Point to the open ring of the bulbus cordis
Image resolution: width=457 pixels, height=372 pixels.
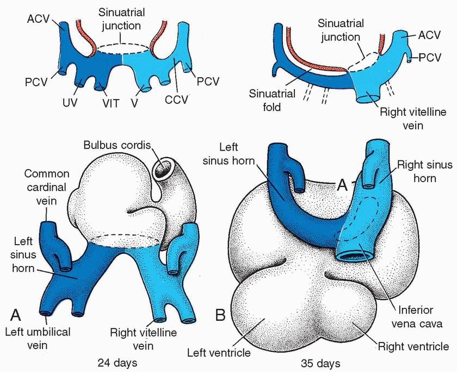(163, 171)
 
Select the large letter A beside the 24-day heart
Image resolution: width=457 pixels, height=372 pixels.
(16, 314)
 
